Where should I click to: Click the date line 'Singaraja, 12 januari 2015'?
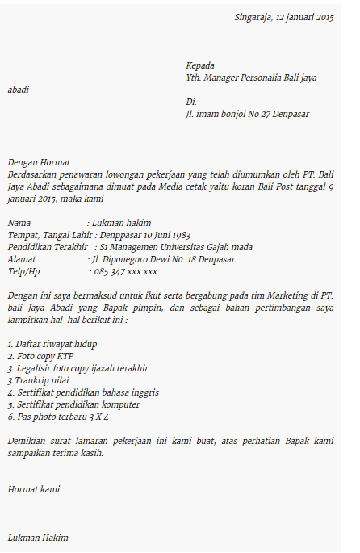tap(283, 17)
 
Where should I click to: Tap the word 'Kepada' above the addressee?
tap(200, 65)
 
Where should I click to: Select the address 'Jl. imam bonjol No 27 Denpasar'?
tap(247, 114)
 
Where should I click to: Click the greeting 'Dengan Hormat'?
tap(39, 162)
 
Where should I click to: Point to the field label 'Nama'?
tap(19, 223)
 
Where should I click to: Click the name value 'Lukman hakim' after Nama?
tap(121, 223)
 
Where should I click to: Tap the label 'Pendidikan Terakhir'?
tap(48, 247)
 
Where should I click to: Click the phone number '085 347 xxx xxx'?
tap(126, 271)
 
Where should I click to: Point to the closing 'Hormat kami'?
tap(33, 488)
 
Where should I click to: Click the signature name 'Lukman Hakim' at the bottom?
tap(38, 537)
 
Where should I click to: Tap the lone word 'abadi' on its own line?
tap(18, 90)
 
